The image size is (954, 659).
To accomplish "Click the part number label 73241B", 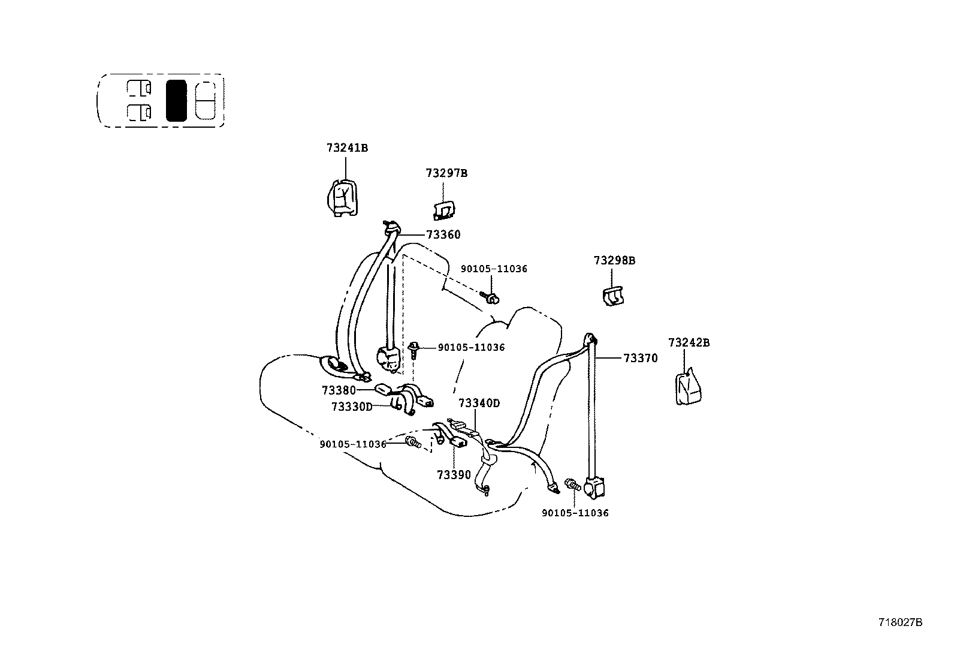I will coord(347,148).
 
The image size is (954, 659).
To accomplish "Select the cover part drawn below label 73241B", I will coord(343,198).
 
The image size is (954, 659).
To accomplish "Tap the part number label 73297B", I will coord(446,173).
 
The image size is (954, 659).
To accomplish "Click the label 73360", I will coord(443,235).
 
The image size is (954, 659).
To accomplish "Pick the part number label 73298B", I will coord(614,261).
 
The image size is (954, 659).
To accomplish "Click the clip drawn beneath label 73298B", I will coord(612,296).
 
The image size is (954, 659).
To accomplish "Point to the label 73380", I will coord(339,390).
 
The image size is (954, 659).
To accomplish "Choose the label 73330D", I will coord(352,407).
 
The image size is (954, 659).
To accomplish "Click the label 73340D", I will coord(479,404).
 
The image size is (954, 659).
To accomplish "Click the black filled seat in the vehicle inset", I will coord(176,101).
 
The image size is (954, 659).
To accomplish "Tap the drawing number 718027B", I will coord(900,622).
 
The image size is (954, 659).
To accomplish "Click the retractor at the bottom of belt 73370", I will coord(594,487).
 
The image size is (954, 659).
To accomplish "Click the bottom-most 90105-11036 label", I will coord(575,513).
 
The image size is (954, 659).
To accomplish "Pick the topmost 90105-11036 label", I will coord(494,269).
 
